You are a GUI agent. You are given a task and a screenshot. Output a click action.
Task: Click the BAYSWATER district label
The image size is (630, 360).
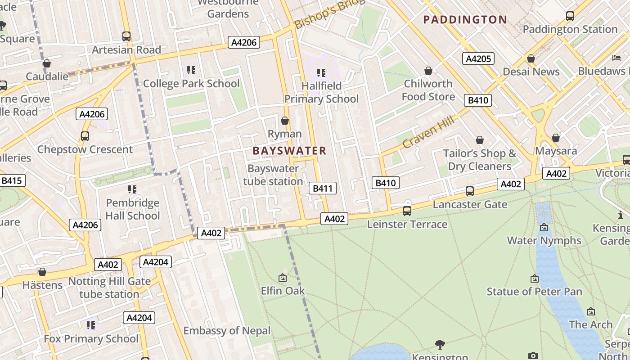(289, 151)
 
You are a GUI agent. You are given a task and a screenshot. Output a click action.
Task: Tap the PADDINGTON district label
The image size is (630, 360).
(465, 19)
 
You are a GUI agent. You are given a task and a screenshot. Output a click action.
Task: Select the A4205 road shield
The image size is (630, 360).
(478, 58)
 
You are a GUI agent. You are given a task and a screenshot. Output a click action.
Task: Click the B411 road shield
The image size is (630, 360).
(323, 188)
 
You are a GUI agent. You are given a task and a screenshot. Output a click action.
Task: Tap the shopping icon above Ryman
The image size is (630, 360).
(284, 121)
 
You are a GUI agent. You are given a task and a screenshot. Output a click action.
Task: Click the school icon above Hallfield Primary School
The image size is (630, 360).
(321, 72)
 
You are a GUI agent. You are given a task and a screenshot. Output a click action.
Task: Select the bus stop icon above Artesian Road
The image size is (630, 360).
(126, 36)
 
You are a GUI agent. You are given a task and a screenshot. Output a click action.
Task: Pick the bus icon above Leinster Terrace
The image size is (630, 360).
(407, 211)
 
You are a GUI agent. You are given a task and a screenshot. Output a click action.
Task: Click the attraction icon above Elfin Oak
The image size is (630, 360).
(283, 278)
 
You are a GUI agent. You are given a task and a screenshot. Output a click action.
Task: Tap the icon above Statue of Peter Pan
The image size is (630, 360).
(534, 279)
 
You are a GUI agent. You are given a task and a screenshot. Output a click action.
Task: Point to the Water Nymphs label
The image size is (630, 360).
(544, 240)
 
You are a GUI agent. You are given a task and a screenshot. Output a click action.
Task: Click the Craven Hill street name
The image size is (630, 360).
(428, 130)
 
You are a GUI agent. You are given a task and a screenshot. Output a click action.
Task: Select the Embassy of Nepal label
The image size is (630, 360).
(227, 331)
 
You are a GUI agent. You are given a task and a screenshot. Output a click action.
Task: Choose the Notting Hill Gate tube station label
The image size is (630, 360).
(109, 288)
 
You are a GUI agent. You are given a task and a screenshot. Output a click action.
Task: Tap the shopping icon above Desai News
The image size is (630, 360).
(531, 58)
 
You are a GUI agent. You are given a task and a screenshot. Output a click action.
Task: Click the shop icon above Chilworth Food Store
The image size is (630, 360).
(428, 71)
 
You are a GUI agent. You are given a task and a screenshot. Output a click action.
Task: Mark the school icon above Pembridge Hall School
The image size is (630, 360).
(132, 189)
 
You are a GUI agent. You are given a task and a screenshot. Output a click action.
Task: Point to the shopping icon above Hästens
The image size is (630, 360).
(42, 272)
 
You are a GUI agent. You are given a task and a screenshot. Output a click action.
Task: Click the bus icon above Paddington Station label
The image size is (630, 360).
(570, 16)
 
